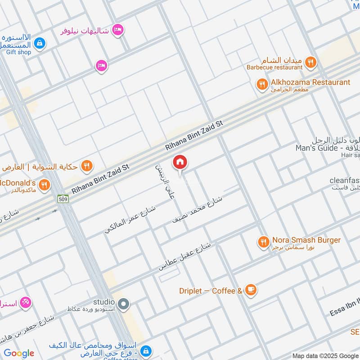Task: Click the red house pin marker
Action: click(180, 162)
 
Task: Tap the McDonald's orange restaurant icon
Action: click(44, 184)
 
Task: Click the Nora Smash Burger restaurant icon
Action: click(263, 243)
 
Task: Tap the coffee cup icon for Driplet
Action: click(251, 291)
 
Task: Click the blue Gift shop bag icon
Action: click(40, 43)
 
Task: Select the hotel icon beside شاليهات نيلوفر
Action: click(118, 30)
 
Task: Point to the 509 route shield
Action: click(63, 198)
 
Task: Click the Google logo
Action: click(19, 353)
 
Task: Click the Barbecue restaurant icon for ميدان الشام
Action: click(310, 62)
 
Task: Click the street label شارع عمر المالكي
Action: click(130, 220)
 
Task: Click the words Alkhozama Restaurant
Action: click(310, 82)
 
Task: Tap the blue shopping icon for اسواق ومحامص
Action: click(145, 351)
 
